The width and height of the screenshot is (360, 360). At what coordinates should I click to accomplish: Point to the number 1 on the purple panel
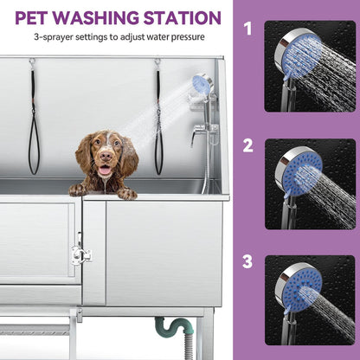click(x=247, y=29)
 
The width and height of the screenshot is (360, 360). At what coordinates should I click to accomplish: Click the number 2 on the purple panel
click(x=247, y=145)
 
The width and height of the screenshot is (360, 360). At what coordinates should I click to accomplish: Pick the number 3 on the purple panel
click(x=247, y=260)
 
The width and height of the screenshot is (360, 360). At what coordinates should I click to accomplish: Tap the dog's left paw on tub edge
click(x=79, y=189)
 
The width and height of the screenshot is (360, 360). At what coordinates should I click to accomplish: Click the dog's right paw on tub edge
click(x=126, y=193)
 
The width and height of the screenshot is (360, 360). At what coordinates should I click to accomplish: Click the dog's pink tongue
click(x=104, y=170)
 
